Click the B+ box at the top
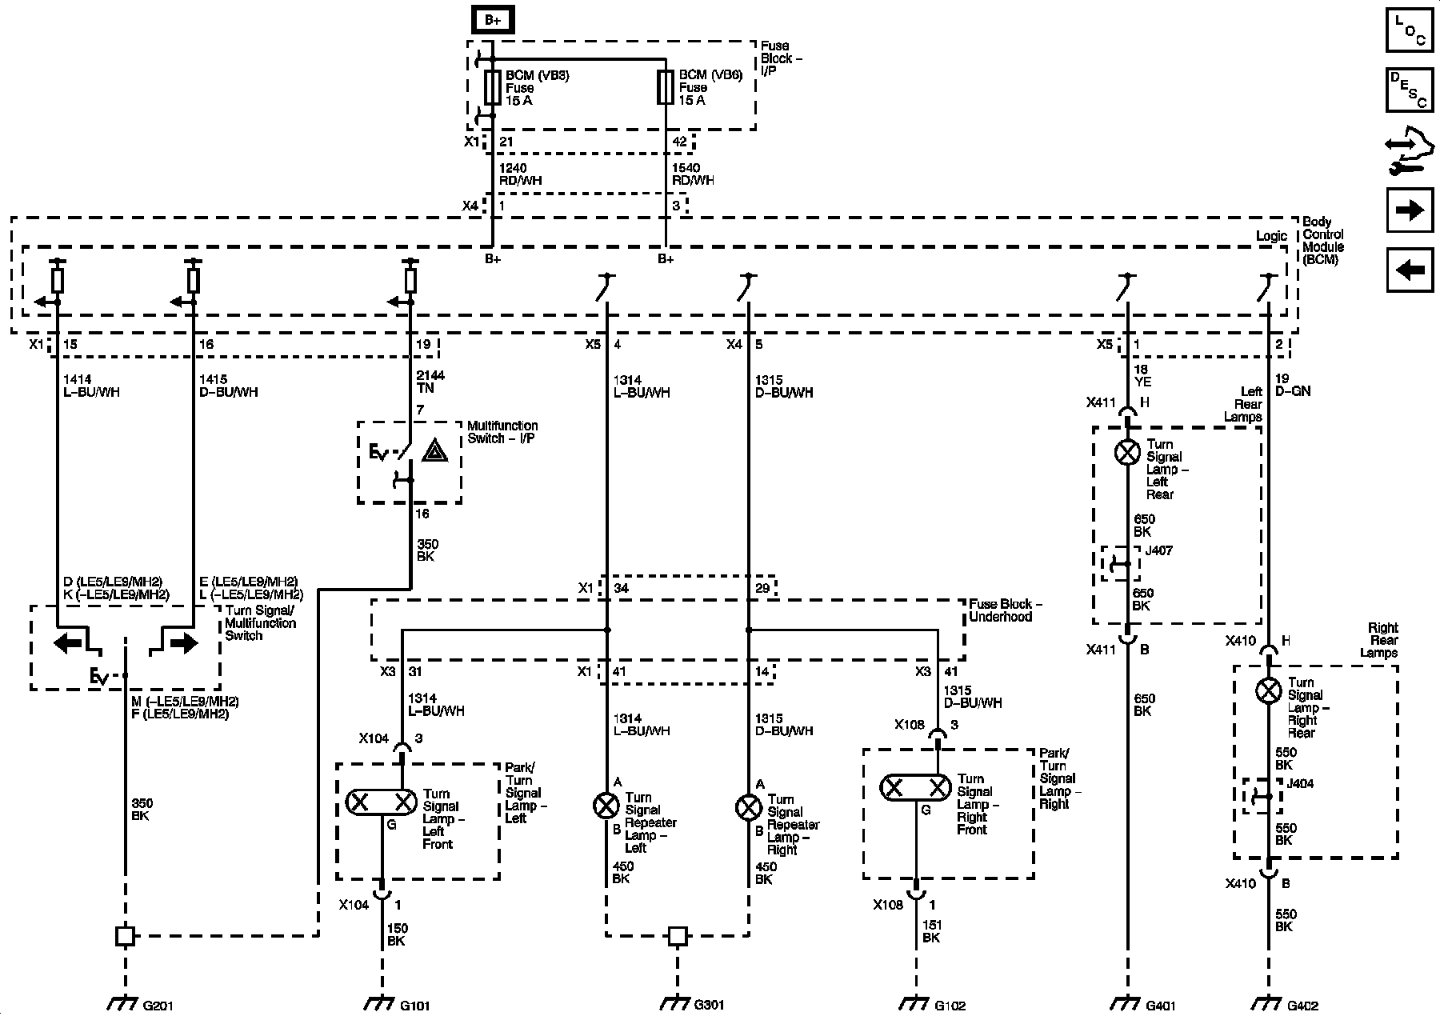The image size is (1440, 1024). click(x=493, y=20)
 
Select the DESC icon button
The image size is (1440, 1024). click(x=1410, y=90)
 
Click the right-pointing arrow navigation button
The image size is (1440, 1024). click(x=1410, y=210)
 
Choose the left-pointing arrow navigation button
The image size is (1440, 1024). click(x=1410, y=270)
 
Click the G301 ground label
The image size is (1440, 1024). click(x=709, y=1005)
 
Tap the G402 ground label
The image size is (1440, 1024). click(x=1302, y=1005)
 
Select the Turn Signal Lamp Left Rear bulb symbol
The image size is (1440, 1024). click(x=1127, y=452)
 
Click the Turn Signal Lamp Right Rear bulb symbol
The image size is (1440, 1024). click(x=1268, y=690)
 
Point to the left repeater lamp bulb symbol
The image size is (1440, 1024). click(x=606, y=806)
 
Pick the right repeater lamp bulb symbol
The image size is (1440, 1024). click(x=748, y=808)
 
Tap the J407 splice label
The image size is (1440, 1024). click(x=1158, y=551)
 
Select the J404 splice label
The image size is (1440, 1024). click(x=1300, y=785)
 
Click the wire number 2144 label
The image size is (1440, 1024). click(x=430, y=375)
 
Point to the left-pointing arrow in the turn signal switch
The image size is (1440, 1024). click(x=68, y=642)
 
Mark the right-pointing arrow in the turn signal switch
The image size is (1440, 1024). click(x=183, y=642)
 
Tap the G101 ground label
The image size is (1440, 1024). click(x=414, y=1005)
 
